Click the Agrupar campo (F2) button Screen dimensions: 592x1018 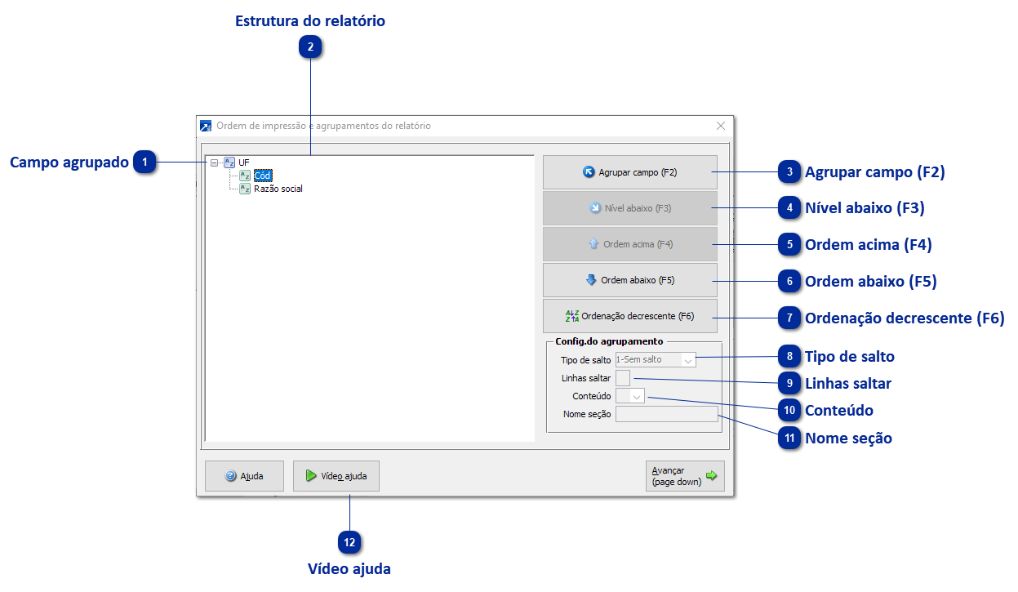coord(629,172)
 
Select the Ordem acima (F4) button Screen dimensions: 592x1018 coord(629,244)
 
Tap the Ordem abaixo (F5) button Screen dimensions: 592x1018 coord(629,280)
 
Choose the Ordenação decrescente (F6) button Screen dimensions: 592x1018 coord(629,316)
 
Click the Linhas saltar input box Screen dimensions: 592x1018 coord(623,378)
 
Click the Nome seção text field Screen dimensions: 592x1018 coord(666,414)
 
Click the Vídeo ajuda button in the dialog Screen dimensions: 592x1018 coord(336,476)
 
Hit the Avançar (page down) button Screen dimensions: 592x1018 coord(684,476)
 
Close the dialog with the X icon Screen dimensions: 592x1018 coord(721,126)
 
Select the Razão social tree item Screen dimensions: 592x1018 coord(278,189)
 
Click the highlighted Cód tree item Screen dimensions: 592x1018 coord(262,176)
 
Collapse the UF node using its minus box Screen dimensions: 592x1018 coord(214,162)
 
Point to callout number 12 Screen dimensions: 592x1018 coord(349,541)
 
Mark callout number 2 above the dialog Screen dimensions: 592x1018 coord(310,47)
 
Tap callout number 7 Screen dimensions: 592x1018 coord(789,318)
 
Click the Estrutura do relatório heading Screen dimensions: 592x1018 coord(310,21)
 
